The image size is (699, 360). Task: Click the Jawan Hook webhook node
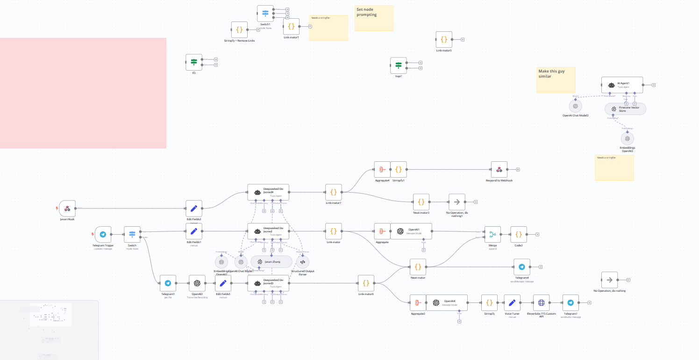(x=67, y=209)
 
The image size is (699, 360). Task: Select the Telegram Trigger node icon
(x=103, y=235)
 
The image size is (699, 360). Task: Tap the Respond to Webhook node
(x=499, y=170)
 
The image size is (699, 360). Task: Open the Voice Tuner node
(x=512, y=302)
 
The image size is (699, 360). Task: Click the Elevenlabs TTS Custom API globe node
(x=541, y=302)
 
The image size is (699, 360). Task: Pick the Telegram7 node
(x=571, y=302)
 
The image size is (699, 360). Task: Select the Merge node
(x=492, y=235)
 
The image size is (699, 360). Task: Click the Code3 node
(x=519, y=235)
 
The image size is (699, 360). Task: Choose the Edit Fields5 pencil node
(x=223, y=283)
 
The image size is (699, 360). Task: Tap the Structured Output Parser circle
(x=302, y=262)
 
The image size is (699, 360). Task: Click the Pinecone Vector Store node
(x=625, y=109)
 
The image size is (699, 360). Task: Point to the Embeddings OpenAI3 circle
(x=628, y=138)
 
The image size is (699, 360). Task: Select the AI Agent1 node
(x=622, y=85)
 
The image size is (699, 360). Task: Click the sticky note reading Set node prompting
(x=374, y=18)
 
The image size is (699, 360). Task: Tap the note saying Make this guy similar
(x=556, y=79)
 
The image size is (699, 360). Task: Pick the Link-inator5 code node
(x=444, y=40)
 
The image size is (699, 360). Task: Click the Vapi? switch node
(x=398, y=65)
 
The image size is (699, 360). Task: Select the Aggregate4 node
(x=382, y=170)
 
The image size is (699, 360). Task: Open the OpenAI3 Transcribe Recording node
(x=197, y=283)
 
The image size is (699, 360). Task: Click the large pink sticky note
(x=83, y=93)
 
